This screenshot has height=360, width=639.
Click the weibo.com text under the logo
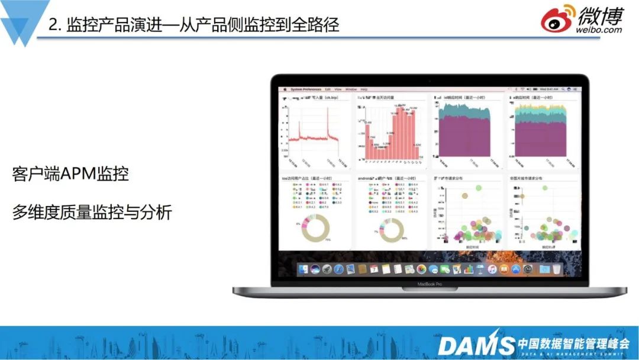601,29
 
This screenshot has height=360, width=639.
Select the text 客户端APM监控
70,174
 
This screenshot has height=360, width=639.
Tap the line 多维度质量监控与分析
92,212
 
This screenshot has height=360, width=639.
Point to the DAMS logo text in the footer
476,345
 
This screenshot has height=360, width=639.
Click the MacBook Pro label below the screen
430,284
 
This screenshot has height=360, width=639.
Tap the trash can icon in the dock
557,269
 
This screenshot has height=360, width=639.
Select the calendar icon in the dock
374,269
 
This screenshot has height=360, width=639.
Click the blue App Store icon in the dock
515,269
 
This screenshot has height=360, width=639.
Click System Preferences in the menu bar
304,89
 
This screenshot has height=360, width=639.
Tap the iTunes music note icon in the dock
492,269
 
